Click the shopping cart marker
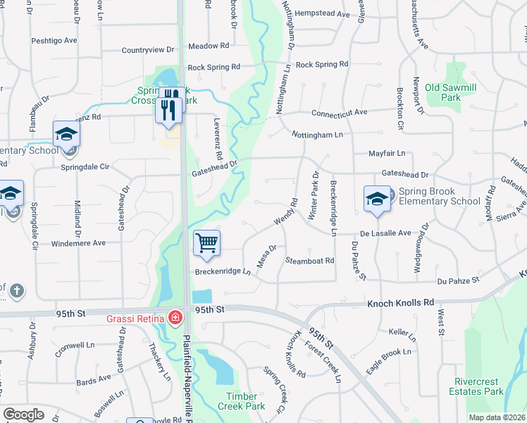click(x=206, y=244)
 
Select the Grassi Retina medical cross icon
click(x=174, y=319)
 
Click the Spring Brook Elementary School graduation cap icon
click(x=377, y=198)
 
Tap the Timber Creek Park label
click(x=245, y=401)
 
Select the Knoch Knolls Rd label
click(x=400, y=302)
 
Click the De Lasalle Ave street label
click(x=385, y=233)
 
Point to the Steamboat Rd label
click(x=309, y=261)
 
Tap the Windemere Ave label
click(x=78, y=243)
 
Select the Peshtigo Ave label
click(x=54, y=40)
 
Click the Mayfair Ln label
click(x=387, y=153)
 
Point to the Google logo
click(x=23, y=415)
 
